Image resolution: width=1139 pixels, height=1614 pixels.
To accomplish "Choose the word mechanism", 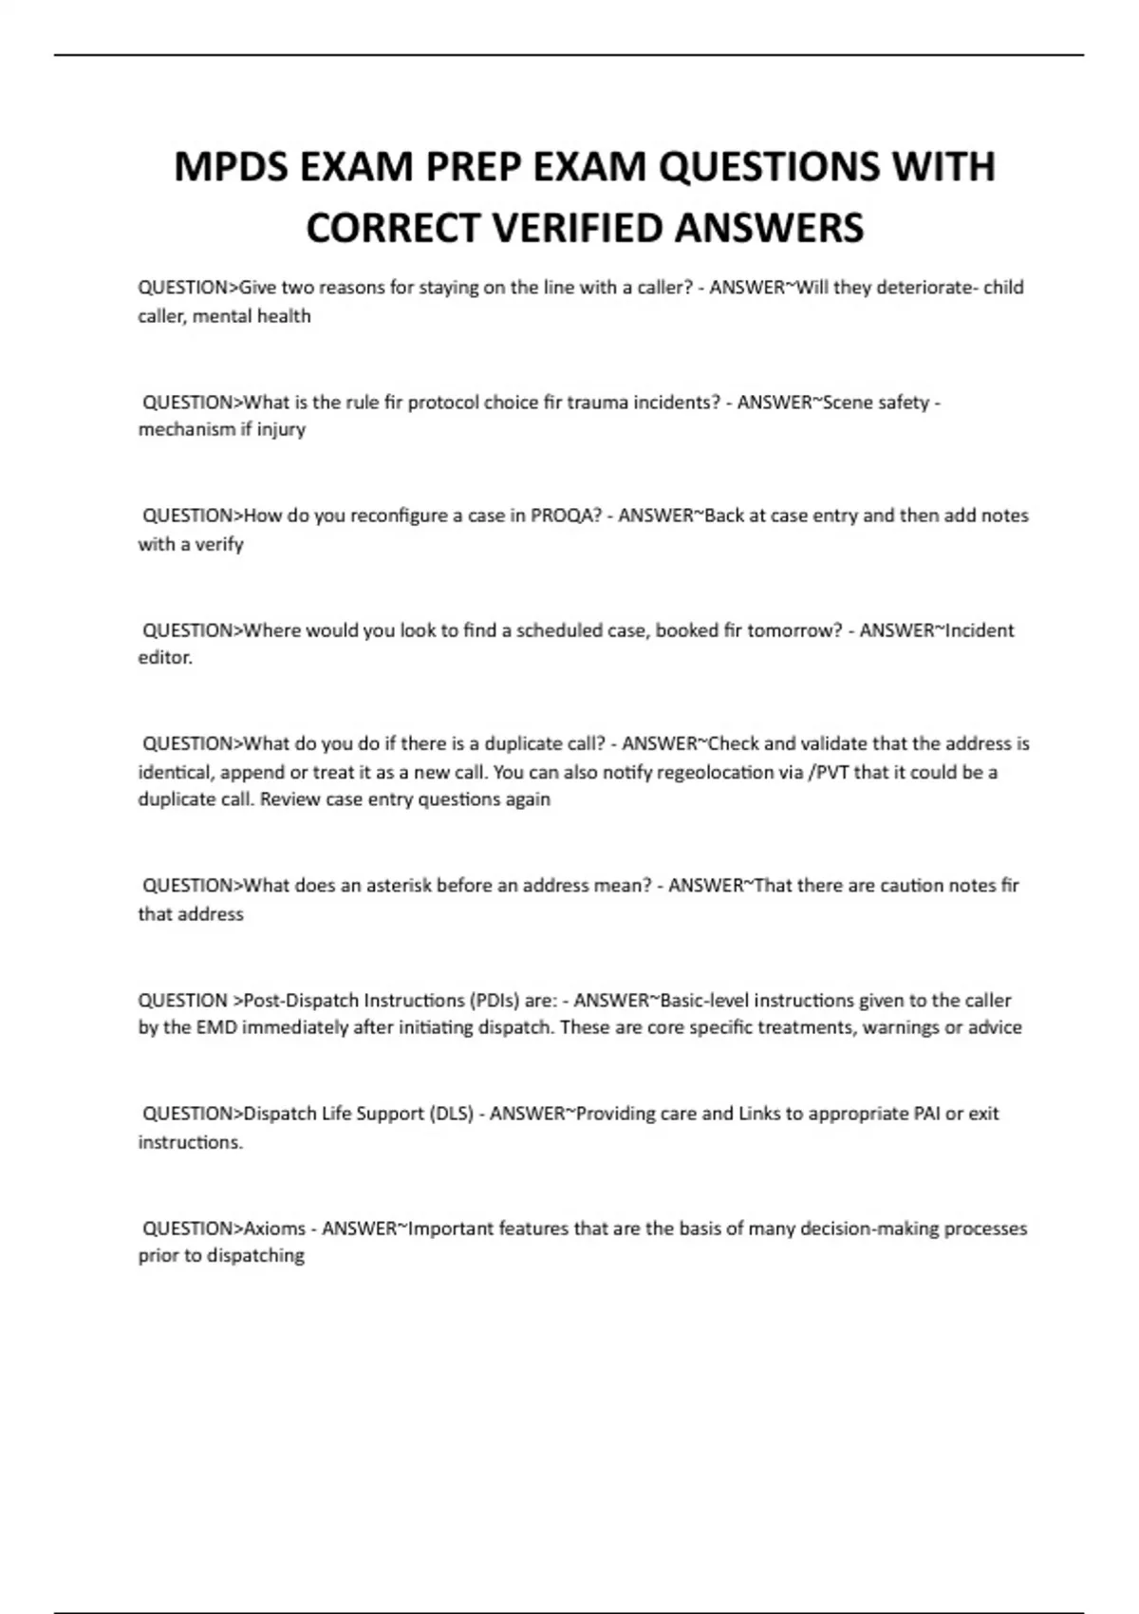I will tap(186, 429).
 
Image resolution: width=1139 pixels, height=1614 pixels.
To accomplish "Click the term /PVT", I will tap(828, 772).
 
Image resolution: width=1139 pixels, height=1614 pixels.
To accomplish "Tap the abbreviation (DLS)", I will tap(452, 1114).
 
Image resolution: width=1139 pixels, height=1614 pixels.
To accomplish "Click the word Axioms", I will tap(273, 1229).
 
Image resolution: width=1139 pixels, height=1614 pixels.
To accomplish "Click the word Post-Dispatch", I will tap(301, 1000).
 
